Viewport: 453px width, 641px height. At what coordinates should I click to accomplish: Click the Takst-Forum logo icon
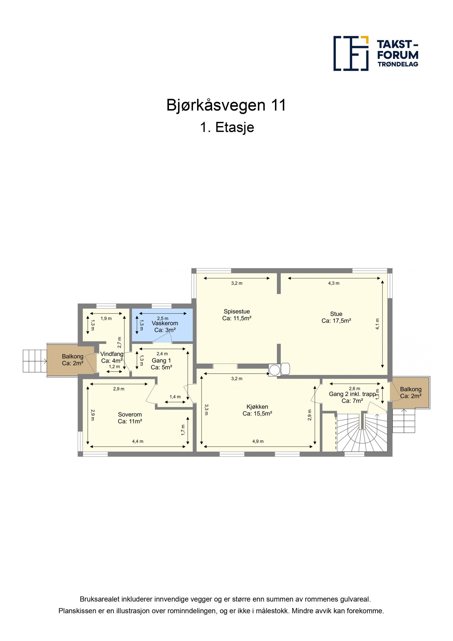(x=351, y=53)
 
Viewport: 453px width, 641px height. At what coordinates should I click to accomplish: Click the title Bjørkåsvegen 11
(x=226, y=105)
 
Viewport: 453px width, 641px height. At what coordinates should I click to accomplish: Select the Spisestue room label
(x=237, y=312)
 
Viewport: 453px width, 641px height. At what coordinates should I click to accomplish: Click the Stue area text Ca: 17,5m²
(x=336, y=321)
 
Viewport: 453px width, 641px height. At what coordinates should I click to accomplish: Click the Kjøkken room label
(x=257, y=407)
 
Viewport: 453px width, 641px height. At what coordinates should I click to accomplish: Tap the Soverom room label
(x=130, y=414)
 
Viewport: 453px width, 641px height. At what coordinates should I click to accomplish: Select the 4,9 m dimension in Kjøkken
(x=258, y=441)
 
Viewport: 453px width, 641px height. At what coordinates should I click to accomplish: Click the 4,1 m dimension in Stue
(x=377, y=324)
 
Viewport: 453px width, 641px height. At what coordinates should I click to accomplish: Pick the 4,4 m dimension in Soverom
(x=138, y=441)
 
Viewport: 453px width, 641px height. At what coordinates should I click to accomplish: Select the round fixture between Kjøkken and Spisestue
(x=274, y=370)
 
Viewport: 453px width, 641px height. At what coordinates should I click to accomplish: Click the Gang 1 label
(x=161, y=361)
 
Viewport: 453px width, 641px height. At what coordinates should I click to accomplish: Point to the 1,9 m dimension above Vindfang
(x=106, y=318)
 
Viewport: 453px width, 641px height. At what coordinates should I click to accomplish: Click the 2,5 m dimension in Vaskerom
(x=163, y=318)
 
